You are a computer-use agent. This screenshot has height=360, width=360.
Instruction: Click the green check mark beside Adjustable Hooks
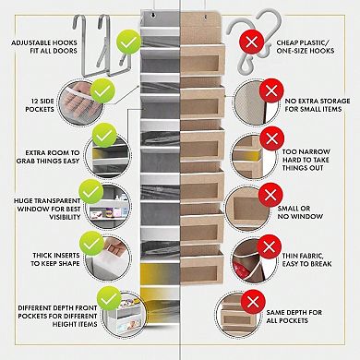click(127, 42)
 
